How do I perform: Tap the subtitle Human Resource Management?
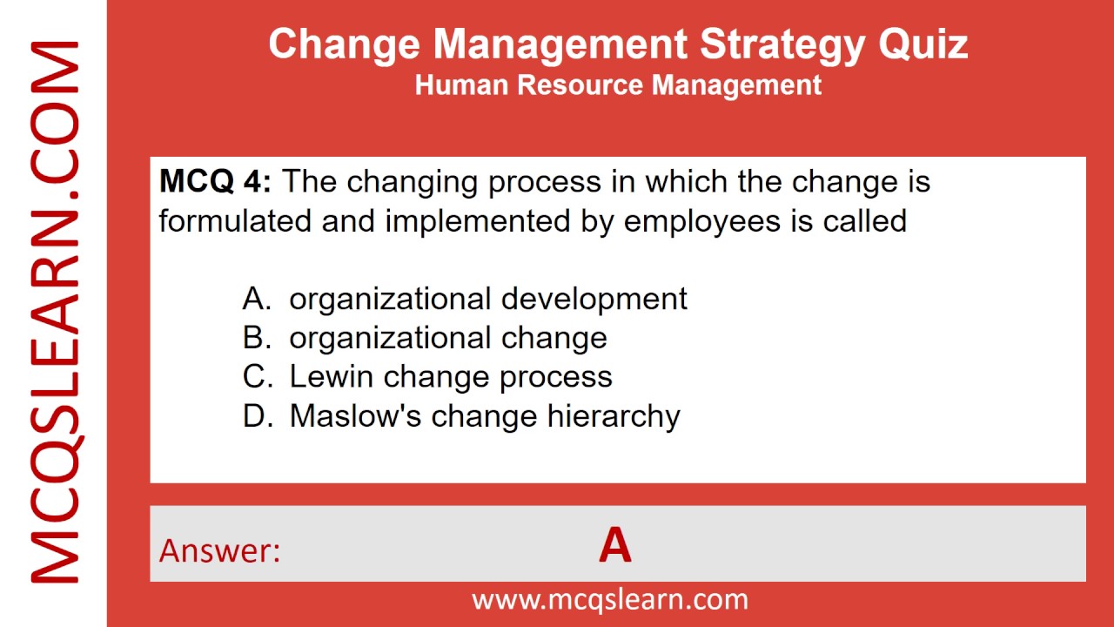pos(618,85)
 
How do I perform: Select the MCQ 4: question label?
pos(215,182)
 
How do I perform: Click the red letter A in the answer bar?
pos(614,547)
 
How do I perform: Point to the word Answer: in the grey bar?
pos(220,550)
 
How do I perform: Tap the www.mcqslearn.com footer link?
pos(609,599)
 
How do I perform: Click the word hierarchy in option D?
pos(613,416)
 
